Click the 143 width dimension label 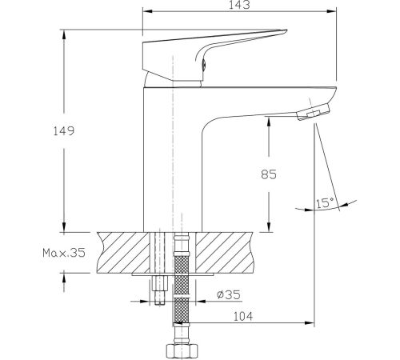point(239,5)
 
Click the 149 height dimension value point(64,131)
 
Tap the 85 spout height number point(269,174)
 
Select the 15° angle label point(325,203)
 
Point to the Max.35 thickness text point(64,253)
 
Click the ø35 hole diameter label point(229,294)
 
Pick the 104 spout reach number point(243,317)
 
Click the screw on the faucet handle point(203,65)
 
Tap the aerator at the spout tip point(313,112)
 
